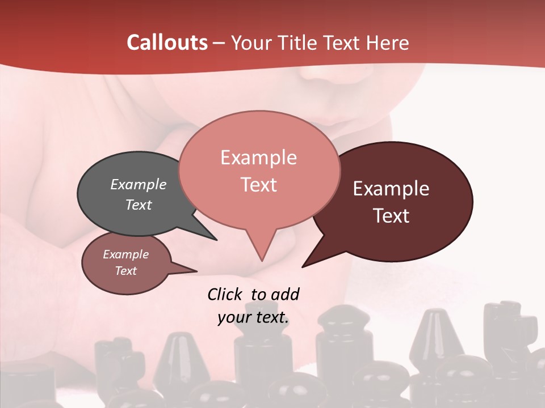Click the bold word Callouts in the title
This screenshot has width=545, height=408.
coord(167,42)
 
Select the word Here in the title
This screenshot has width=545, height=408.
coord(388,42)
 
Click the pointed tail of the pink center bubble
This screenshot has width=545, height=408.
coord(262,258)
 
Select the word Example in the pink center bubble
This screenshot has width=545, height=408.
coord(258,158)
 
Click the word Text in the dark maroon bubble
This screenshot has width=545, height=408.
coord(391,216)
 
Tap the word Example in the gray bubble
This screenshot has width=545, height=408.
coord(138,184)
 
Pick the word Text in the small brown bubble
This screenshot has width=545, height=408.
coord(125,271)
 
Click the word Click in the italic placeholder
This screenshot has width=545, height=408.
coord(226,294)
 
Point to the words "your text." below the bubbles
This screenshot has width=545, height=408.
coord(253,317)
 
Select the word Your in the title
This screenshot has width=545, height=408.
coord(253,42)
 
